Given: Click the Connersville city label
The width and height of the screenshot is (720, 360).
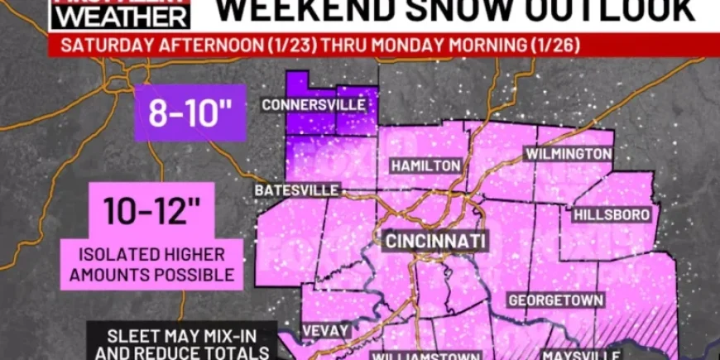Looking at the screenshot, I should (x=314, y=105).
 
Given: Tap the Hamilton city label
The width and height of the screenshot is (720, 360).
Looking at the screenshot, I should (x=425, y=166).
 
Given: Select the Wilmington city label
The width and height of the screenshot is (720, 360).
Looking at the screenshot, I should (x=569, y=154).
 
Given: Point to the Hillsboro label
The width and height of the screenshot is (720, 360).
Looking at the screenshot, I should (x=612, y=214).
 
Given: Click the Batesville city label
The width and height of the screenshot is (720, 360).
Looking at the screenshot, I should (x=297, y=190).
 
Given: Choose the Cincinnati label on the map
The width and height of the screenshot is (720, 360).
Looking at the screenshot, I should (x=434, y=241).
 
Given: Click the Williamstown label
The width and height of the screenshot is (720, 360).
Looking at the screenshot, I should (x=425, y=355).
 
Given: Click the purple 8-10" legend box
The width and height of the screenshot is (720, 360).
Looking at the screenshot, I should (x=191, y=113).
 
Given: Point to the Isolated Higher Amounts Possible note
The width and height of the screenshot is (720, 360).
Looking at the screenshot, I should (x=152, y=264).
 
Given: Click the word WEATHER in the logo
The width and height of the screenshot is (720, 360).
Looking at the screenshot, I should (x=119, y=15).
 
